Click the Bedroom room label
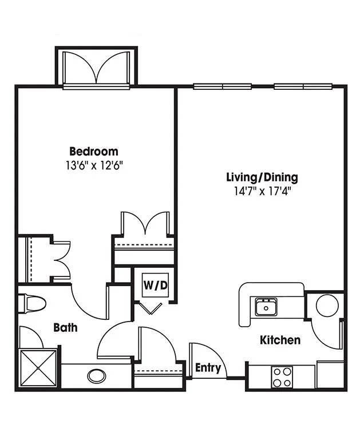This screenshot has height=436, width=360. pyautogui.click(x=94, y=152)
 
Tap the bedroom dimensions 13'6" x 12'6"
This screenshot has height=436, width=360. pyautogui.click(x=94, y=166)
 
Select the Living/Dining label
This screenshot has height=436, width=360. pyautogui.click(x=262, y=177)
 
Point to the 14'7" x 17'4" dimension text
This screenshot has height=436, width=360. pyautogui.click(x=262, y=191)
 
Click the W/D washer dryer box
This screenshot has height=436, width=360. pyautogui.click(x=156, y=286)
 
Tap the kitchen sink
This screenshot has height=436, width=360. pyautogui.click(x=266, y=307)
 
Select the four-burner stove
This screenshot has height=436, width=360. pyautogui.click(x=282, y=376)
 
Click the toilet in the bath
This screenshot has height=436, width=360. pyautogui.click(x=31, y=304)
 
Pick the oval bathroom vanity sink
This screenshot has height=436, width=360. pyautogui.click(x=97, y=376)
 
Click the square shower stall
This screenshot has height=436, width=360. pyautogui.click(x=38, y=368)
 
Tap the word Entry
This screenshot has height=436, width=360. pyautogui.click(x=208, y=367)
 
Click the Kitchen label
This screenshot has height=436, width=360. pyautogui.click(x=280, y=340)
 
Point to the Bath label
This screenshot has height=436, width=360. pyautogui.click(x=65, y=327)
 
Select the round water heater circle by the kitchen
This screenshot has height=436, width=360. pyautogui.click(x=327, y=306)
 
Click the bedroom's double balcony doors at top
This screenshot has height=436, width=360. pyautogui.click(x=96, y=68)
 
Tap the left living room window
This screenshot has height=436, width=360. pyautogui.click(x=223, y=86)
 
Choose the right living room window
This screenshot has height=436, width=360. pyautogui.click(x=303, y=86)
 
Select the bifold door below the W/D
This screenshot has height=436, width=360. pyautogui.click(x=151, y=308)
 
